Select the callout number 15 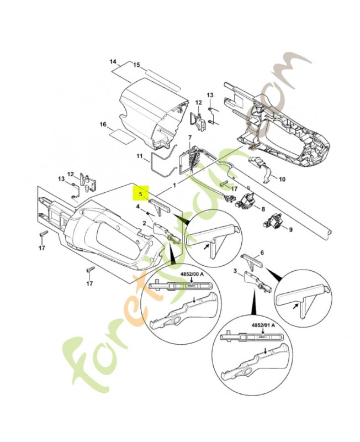coord(136,65)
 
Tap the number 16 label coord(103,125)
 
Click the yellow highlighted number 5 coord(141,194)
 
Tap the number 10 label coord(282,180)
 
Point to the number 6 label coord(262,252)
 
